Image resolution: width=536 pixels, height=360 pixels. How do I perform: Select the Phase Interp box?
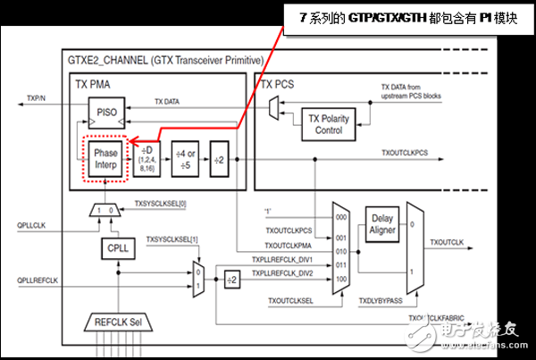[x=105, y=157]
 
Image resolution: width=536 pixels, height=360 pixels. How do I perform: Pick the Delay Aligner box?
[x=381, y=223]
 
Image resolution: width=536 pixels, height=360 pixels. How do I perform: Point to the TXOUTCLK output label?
[x=448, y=242]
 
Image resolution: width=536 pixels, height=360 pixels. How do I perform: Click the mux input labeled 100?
[x=339, y=280]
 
